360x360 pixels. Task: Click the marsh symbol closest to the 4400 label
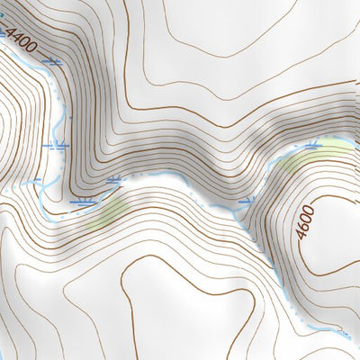coord(54,61)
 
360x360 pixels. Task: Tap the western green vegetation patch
coord(112,211)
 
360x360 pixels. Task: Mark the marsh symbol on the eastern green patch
coord(312,144)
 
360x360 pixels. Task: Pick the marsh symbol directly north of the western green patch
coord(114,181)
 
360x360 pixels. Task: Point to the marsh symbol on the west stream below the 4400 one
coord(56,144)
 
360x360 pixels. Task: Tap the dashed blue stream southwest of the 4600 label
coord(270,270)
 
